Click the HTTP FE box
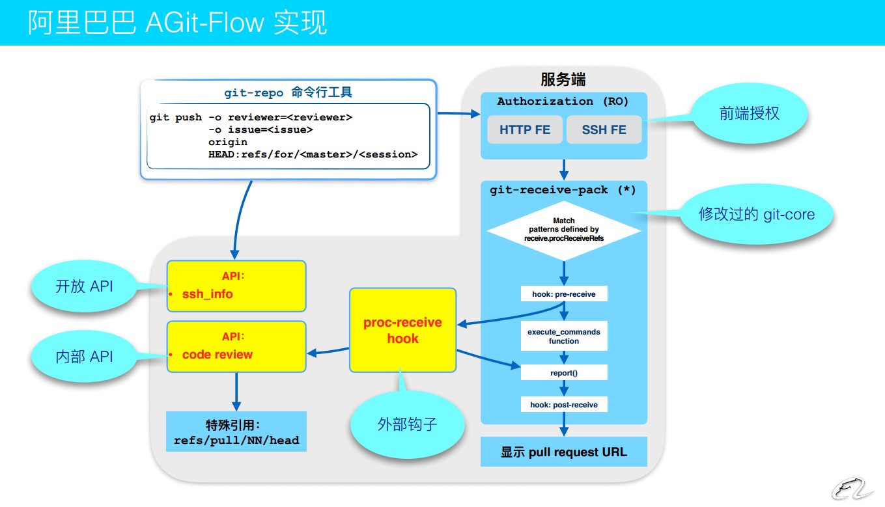[x=525, y=130]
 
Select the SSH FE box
[x=604, y=130]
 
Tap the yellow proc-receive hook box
[x=402, y=331]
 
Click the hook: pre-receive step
[x=564, y=294]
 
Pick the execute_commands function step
[x=564, y=336]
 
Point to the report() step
[x=564, y=373]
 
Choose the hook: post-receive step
[x=564, y=404]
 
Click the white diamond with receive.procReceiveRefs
[x=564, y=230]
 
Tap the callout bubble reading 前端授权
[x=749, y=114]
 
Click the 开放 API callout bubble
[x=84, y=286]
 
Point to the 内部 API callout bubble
[x=84, y=357]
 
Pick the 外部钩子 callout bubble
[x=408, y=425]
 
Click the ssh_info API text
[x=208, y=294]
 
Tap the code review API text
[x=218, y=355]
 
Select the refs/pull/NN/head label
[x=236, y=441]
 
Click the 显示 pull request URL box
[x=564, y=452]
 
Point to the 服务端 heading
[x=563, y=79]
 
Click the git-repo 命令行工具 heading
[x=288, y=92]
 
